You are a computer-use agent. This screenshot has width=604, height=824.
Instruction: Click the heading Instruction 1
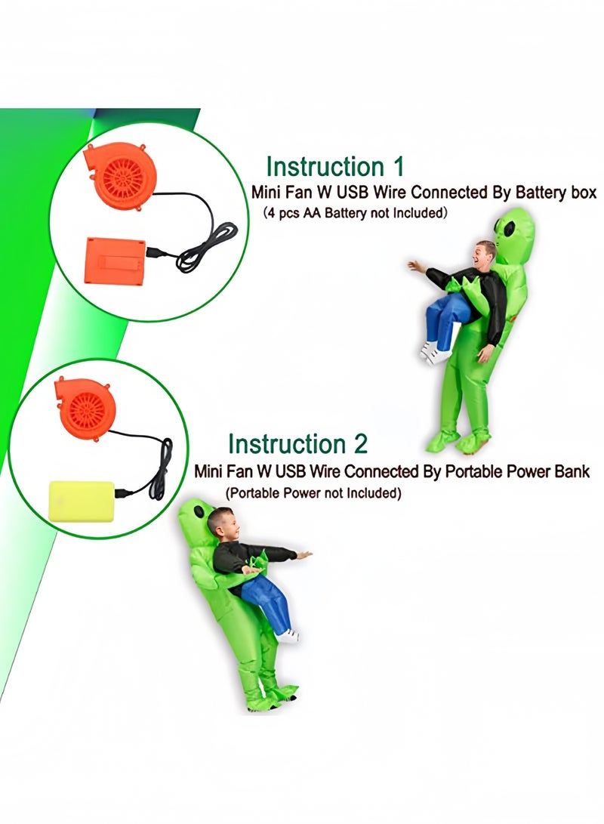coord(334,166)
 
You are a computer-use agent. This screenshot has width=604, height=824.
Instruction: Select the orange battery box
coord(115,260)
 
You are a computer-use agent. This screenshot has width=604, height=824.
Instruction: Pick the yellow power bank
coord(81,501)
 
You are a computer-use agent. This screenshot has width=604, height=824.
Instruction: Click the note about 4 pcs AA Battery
coord(355,214)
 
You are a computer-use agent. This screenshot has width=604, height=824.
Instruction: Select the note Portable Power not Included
coord(313,493)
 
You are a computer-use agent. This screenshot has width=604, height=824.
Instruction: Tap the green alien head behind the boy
coord(195,517)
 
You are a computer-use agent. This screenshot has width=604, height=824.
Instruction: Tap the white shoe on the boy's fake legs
coord(288,636)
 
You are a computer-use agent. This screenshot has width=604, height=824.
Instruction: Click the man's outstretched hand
coord(415,267)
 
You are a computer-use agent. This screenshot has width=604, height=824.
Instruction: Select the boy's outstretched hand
coord(304,555)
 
